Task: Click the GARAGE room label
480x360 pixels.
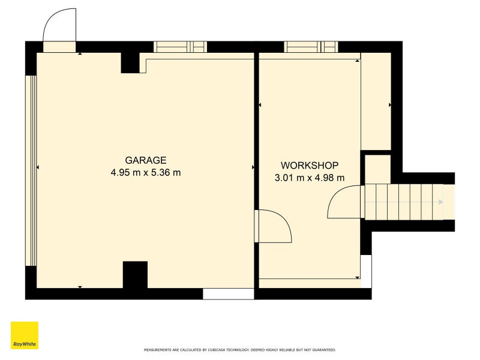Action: click(x=146, y=160)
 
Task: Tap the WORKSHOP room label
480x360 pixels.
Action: click(x=310, y=166)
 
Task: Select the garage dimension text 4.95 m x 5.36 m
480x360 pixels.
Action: click(x=146, y=173)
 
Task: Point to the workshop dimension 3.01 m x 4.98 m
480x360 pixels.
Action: click(x=310, y=178)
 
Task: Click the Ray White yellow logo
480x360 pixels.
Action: click(x=25, y=335)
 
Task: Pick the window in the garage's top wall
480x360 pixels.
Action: click(x=181, y=47)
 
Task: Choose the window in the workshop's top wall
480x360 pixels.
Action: click(x=311, y=47)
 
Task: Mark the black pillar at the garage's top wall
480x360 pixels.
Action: click(x=130, y=63)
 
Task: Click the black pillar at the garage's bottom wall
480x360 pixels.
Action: click(x=135, y=275)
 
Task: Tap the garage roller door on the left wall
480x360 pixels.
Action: click(x=31, y=171)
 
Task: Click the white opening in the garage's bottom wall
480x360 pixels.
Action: click(x=229, y=294)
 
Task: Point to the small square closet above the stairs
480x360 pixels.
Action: click(x=378, y=169)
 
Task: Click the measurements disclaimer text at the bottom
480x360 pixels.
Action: click(x=239, y=350)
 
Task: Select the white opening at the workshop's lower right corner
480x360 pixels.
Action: click(x=366, y=271)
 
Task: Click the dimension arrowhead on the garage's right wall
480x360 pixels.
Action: click(x=253, y=167)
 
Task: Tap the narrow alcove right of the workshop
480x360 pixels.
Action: click(x=376, y=101)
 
